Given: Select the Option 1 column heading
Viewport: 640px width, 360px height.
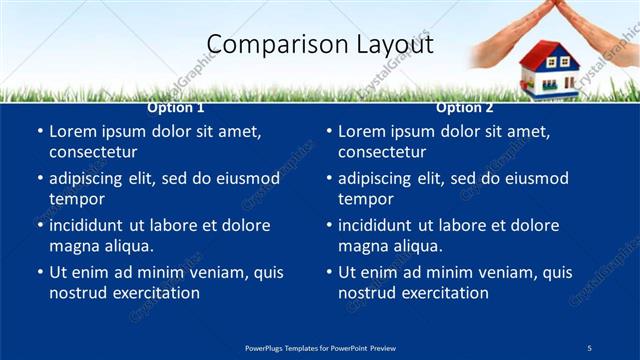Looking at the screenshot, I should (x=176, y=108).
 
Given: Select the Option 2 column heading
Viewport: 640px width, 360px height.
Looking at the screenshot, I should (x=465, y=108).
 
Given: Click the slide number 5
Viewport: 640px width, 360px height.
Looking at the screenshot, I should (x=589, y=347).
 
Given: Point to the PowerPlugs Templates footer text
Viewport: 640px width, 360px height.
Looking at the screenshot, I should (x=320, y=347).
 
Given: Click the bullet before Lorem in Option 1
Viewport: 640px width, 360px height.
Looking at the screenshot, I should (x=39, y=132).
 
